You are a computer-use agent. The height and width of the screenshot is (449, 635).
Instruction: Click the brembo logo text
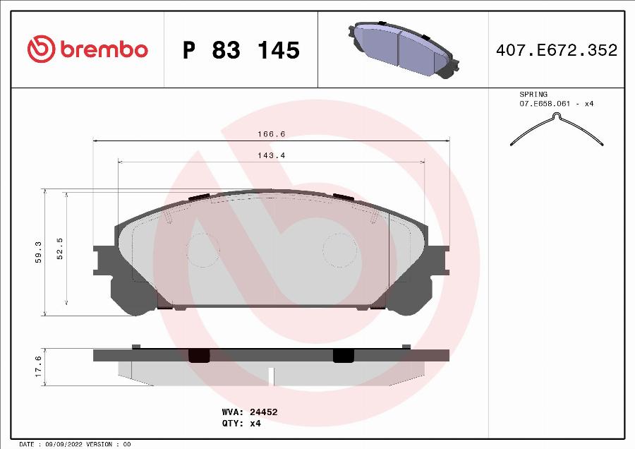click(x=104, y=49)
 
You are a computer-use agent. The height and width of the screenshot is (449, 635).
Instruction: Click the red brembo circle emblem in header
click(x=41, y=49)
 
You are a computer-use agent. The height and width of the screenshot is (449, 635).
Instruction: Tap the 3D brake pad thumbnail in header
click(x=401, y=49)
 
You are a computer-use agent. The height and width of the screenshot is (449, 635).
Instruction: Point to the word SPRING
click(x=533, y=94)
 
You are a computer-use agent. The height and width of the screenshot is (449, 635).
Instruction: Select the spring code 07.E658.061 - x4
click(x=556, y=104)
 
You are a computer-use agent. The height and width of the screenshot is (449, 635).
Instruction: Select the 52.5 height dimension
click(x=60, y=249)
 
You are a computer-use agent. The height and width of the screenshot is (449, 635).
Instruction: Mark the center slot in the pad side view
click(x=272, y=376)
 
